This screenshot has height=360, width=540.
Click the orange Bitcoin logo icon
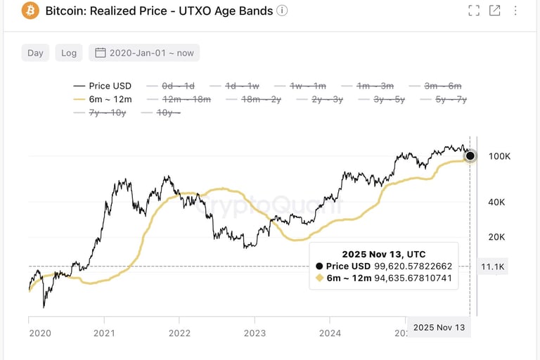[x=30, y=11]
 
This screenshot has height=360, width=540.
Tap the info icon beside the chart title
[x=282, y=11]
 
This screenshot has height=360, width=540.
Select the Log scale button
[x=69, y=53]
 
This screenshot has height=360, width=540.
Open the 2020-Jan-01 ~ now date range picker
[x=144, y=53]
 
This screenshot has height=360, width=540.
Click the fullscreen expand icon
[x=474, y=11]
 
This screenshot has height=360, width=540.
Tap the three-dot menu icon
[x=516, y=11]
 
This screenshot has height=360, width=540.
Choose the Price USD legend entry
[x=102, y=86]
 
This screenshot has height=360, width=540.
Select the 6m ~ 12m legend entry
[x=102, y=99]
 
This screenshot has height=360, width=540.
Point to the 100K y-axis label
[x=499, y=156]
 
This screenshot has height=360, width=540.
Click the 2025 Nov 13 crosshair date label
[x=438, y=328]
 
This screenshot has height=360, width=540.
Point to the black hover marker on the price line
[x=470, y=156]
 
